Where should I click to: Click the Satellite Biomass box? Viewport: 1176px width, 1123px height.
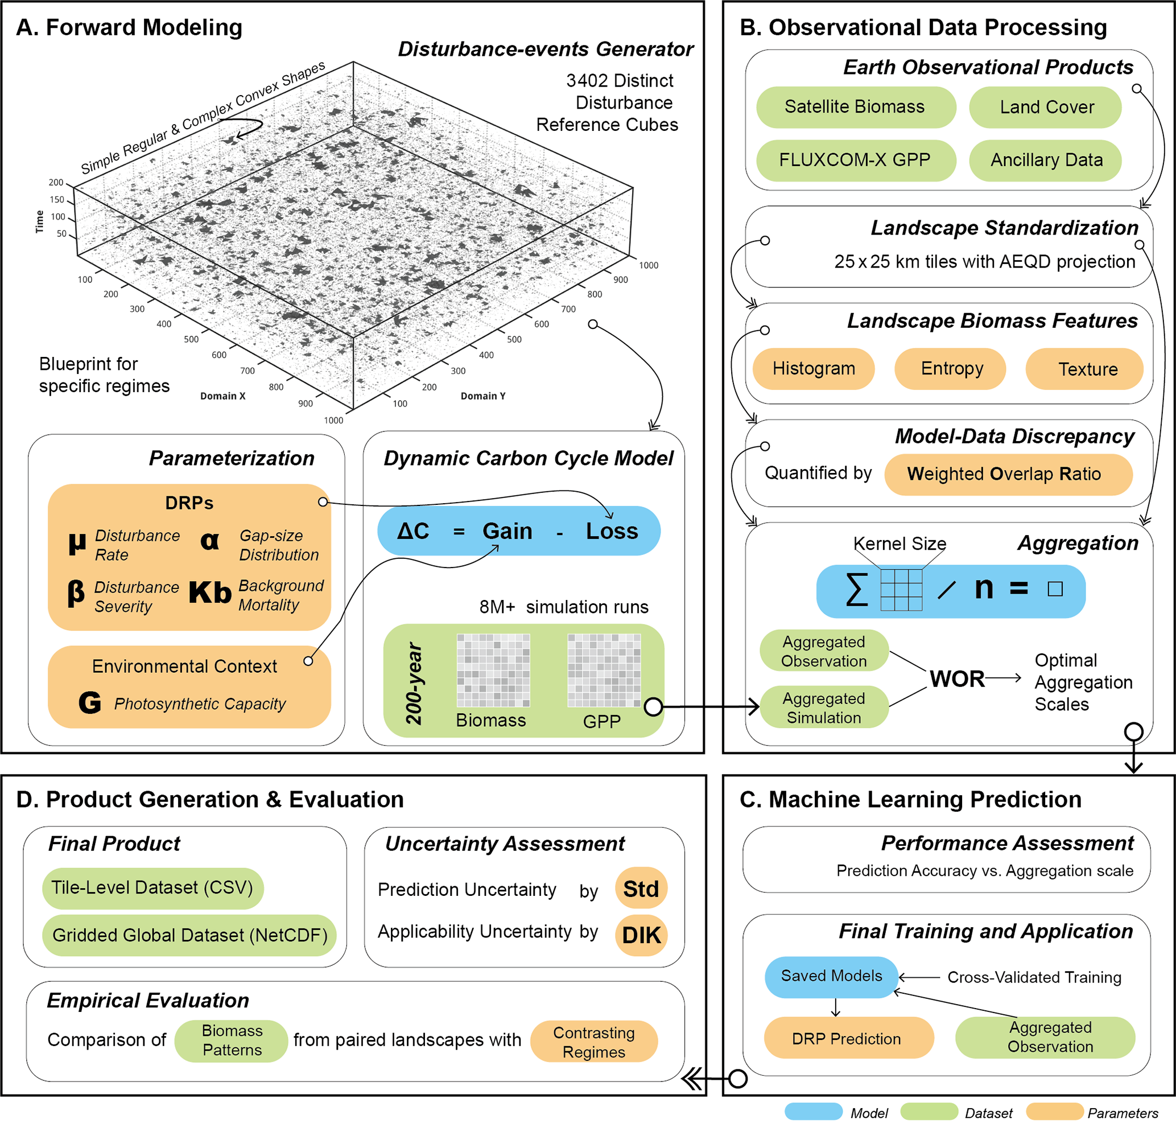(x=856, y=107)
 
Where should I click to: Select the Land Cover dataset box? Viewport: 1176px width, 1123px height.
(x=1045, y=107)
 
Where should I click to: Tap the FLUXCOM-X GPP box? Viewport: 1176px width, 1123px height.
(x=856, y=161)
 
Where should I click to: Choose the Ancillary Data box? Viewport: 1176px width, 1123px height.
(x=1045, y=161)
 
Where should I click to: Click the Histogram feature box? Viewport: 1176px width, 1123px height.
(x=814, y=369)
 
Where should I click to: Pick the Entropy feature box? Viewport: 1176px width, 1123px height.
(x=950, y=369)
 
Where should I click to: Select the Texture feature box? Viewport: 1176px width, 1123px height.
(x=1084, y=369)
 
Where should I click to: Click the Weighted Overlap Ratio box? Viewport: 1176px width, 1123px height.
(x=1008, y=475)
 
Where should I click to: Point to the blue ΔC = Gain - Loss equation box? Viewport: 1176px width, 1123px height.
(x=519, y=531)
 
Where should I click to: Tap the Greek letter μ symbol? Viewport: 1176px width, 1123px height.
(x=77, y=544)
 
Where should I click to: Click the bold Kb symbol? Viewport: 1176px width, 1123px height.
(x=210, y=593)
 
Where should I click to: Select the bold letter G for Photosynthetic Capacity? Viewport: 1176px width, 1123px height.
(x=90, y=703)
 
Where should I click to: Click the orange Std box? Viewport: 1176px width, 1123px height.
(x=641, y=888)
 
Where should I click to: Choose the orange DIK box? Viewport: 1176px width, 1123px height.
(x=641, y=935)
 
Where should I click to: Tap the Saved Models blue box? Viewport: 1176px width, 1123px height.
(x=831, y=977)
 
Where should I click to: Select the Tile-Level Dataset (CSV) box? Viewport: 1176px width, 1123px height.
(x=152, y=888)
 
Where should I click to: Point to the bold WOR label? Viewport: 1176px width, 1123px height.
(x=957, y=680)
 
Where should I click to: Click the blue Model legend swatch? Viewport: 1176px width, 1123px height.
(x=814, y=1112)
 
